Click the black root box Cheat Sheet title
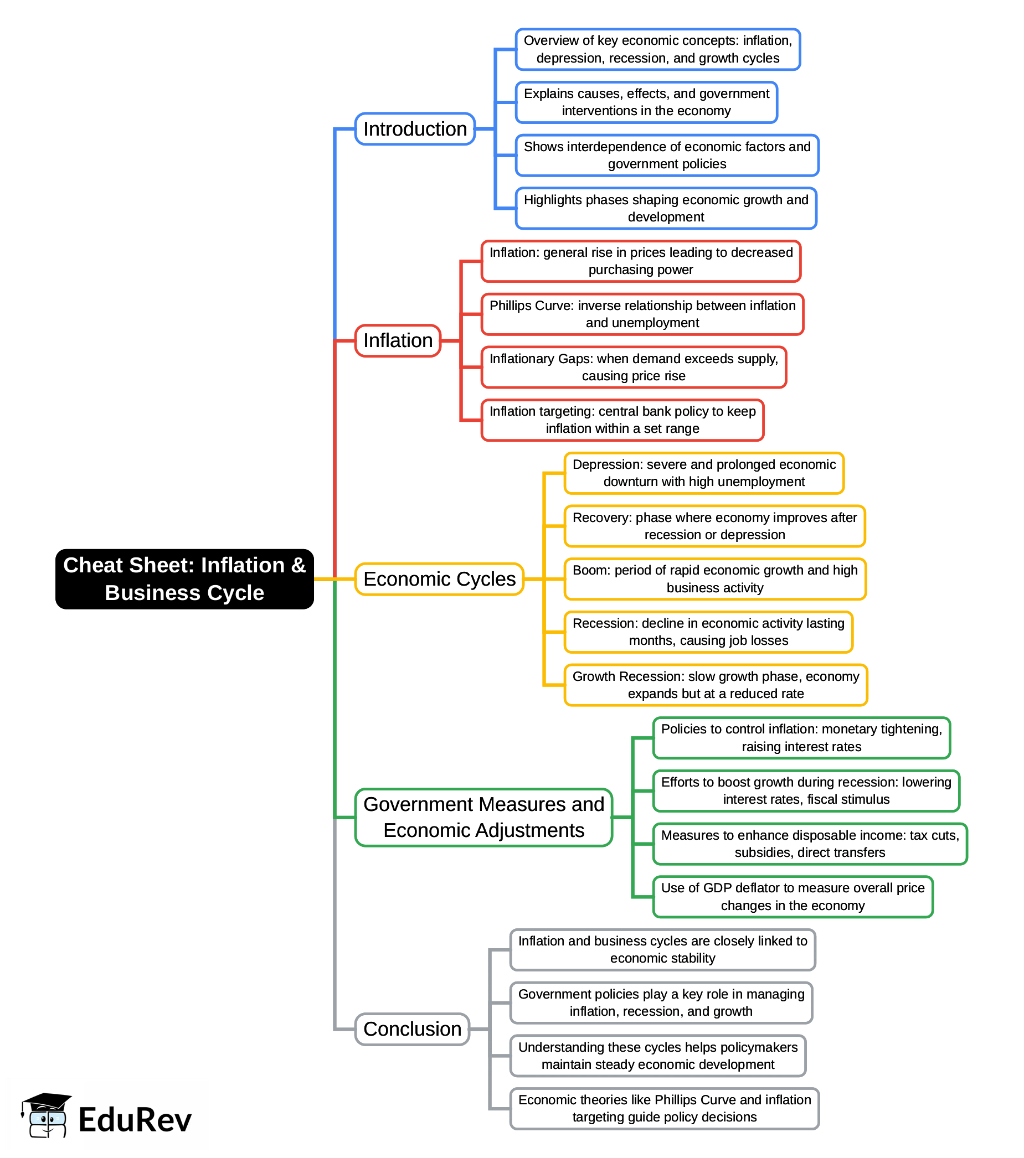click(x=184, y=578)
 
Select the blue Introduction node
click(x=414, y=128)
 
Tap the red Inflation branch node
click(x=397, y=340)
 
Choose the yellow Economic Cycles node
click(x=439, y=579)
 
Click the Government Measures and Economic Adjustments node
click(x=483, y=817)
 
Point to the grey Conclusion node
click(x=412, y=1029)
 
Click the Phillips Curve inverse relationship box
click(x=641, y=314)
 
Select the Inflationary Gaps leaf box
click(x=633, y=367)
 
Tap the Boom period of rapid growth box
click(x=714, y=578)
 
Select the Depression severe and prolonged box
click(x=703, y=473)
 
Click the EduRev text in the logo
click(x=135, y=1119)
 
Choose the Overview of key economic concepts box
click(x=657, y=49)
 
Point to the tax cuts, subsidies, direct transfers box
click(x=809, y=844)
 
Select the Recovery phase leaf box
click(x=714, y=526)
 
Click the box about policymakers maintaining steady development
click(x=657, y=1056)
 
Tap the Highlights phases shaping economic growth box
click(x=665, y=208)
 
